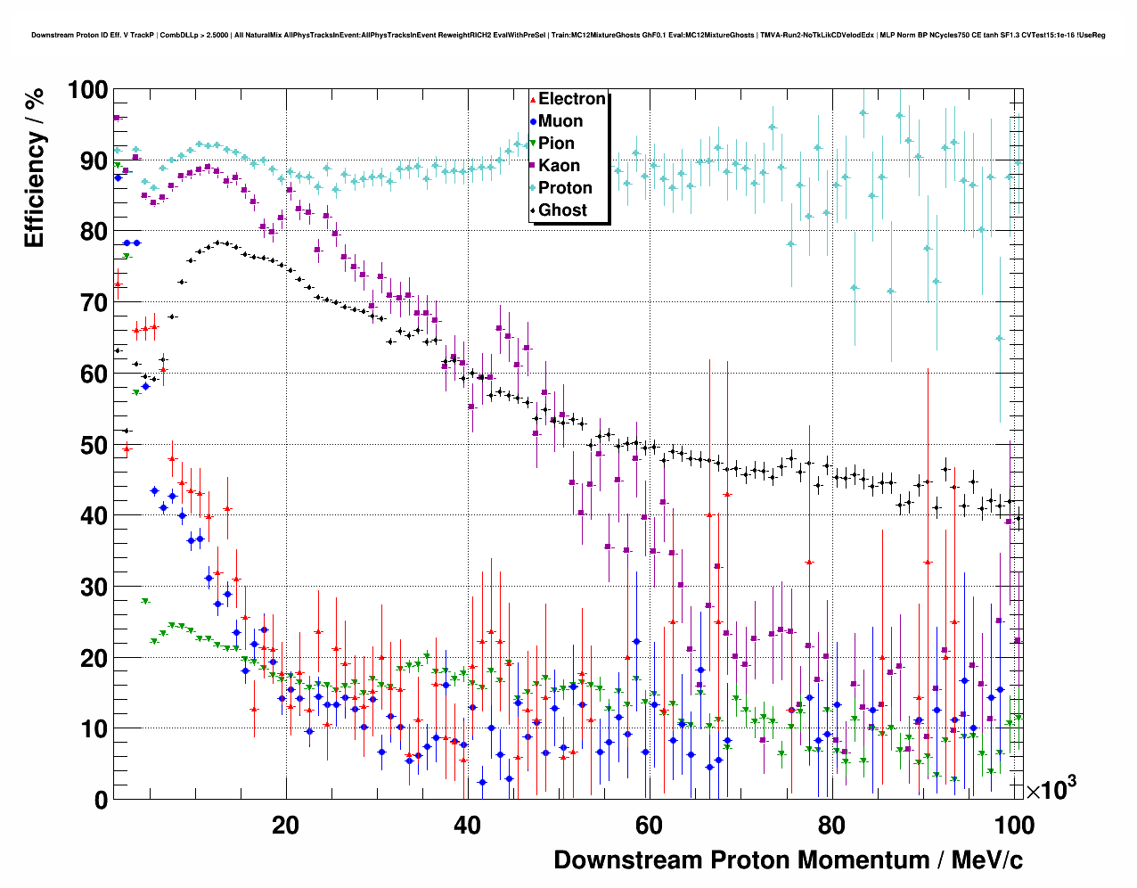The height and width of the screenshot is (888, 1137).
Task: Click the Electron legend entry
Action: pos(571,99)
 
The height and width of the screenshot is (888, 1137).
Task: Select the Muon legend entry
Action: pos(560,121)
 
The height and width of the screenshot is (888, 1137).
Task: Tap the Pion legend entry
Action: pos(556,144)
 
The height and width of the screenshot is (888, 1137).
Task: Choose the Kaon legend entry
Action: pos(559,166)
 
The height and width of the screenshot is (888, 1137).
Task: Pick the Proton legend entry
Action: pos(565,188)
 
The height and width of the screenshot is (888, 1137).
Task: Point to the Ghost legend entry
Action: pos(562,210)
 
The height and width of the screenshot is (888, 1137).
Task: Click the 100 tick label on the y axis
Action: pos(87,90)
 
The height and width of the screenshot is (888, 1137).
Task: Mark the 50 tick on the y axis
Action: pos(94,445)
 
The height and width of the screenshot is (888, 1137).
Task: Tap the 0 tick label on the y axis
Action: pos(100,800)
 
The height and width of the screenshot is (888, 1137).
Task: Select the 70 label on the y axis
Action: pos(94,303)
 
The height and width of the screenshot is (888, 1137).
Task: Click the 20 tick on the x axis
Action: pos(285,825)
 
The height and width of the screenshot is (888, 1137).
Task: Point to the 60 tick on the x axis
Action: pos(649,825)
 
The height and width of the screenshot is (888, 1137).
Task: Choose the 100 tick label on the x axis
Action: pos(1014,825)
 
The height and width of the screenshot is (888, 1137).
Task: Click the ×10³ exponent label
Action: pos(1051,788)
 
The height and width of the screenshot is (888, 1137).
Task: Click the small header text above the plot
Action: pos(568,36)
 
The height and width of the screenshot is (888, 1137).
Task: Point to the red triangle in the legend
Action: pos(533,99)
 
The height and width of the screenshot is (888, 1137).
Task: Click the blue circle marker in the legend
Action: pos(533,121)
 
